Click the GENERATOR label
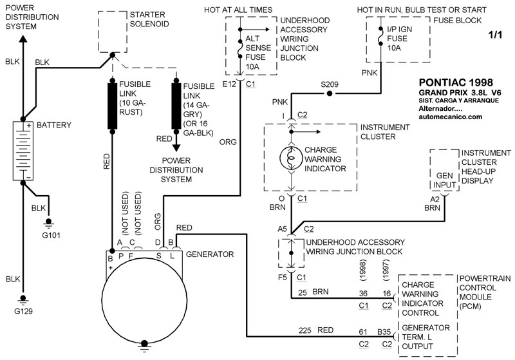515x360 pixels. click(x=209, y=254)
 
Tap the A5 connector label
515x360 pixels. click(x=281, y=229)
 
